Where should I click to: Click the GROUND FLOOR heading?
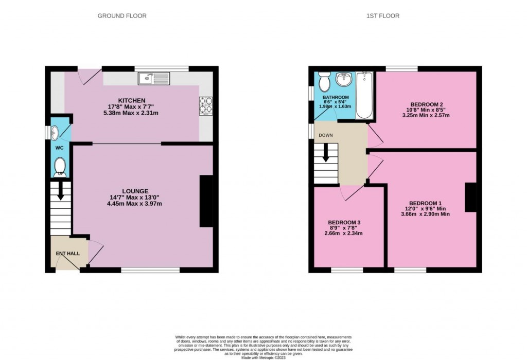pos(122,16)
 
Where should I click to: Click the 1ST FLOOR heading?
pos(382,16)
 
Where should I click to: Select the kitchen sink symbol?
pos(154,79)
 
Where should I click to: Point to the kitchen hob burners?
pos(206,105)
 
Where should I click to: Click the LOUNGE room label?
pos(136,191)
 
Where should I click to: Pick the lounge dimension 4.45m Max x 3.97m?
pos(136,204)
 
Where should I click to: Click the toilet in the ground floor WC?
pos(60,166)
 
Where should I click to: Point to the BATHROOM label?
pos(336,97)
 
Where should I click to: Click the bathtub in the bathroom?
pos(364,96)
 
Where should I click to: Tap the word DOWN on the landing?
pos(326,135)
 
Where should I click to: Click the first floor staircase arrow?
pos(326,153)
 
